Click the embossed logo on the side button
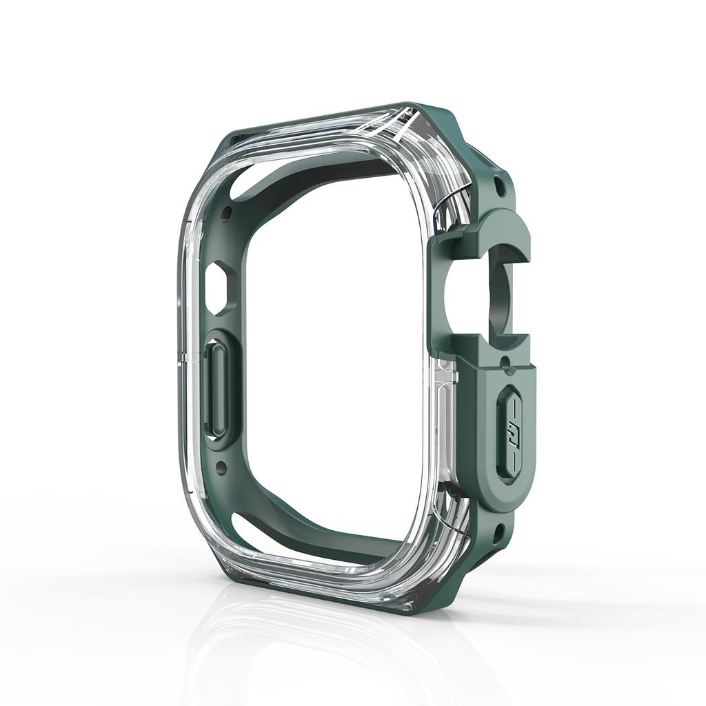(514, 434)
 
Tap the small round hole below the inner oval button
(221, 468)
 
